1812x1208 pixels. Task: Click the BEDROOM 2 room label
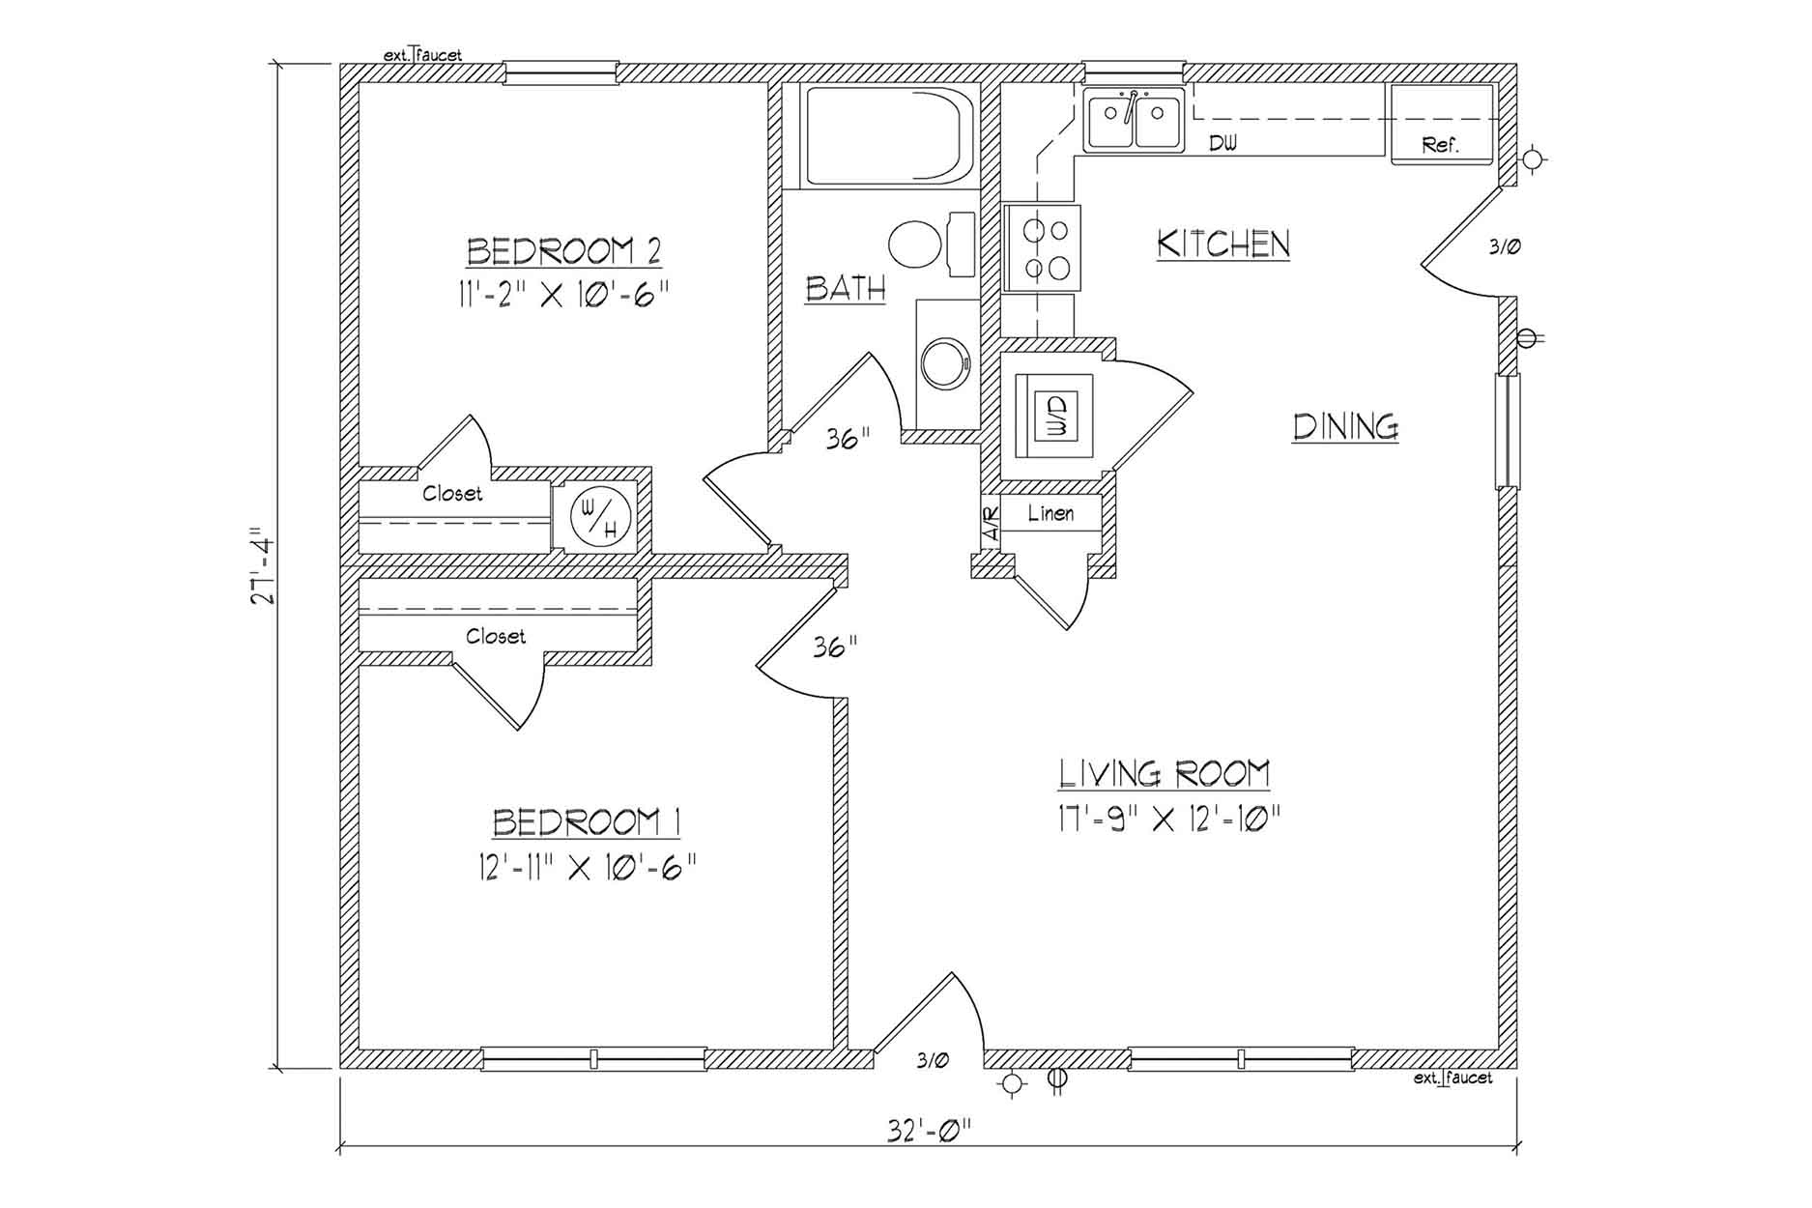564,251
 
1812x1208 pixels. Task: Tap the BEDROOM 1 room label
588,822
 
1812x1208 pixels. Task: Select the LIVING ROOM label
1165,773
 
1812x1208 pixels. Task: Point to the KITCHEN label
1223,244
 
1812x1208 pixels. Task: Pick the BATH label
846,288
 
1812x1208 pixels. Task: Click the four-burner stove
1042,247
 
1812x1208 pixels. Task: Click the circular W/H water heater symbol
600,516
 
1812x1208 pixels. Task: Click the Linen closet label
1050,513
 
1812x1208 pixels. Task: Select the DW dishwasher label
1223,144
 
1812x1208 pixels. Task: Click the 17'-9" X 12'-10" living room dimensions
1169,820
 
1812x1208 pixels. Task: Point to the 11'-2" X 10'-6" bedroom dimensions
564,292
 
